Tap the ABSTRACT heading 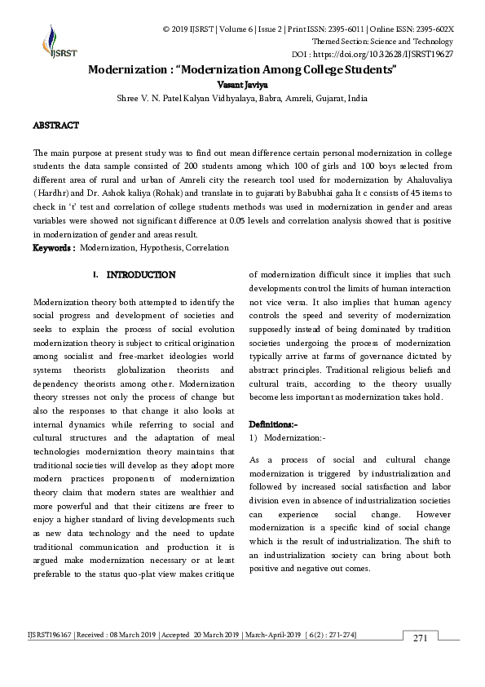[x=55, y=126]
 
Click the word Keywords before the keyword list [x=54, y=247]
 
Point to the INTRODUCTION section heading [x=140, y=275]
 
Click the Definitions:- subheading [x=273, y=424]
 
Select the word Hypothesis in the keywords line [x=161, y=247]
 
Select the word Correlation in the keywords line [x=207, y=247]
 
